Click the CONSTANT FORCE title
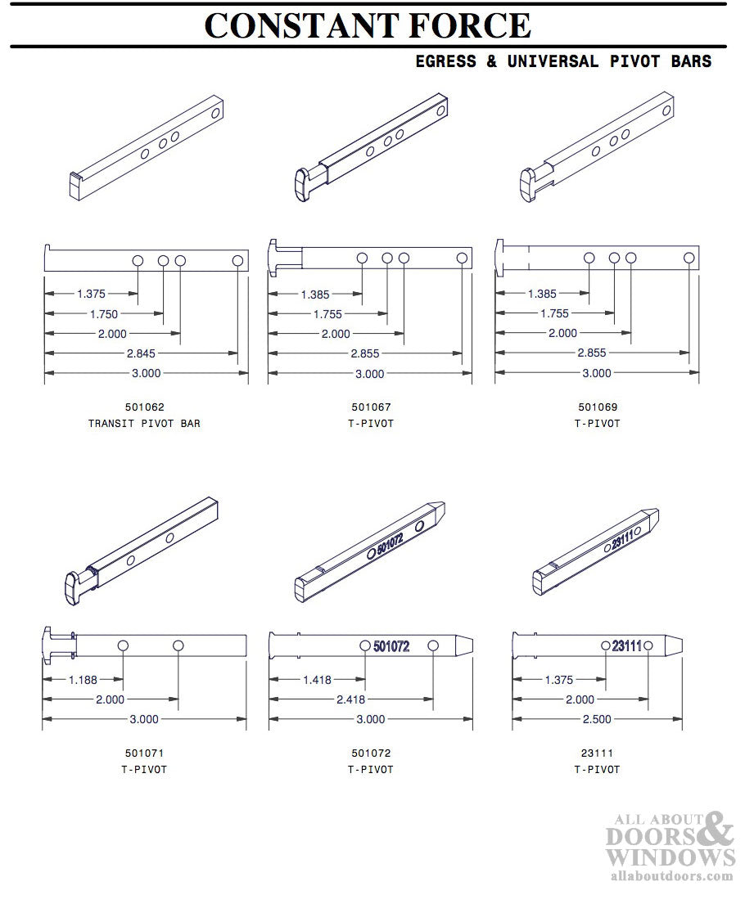click(x=368, y=25)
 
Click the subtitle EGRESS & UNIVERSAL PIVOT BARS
click(x=563, y=61)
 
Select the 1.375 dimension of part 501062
click(x=90, y=293)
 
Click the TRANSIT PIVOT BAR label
click(x=143, y=424)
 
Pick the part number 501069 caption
click(x=597, y=407)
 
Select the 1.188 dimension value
click(x=84, y=679)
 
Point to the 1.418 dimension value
click(x=317, y=680)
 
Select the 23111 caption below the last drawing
click(x=597, y=753)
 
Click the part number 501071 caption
click(x=143, y=753)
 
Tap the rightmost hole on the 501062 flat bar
click(x=237, y=260)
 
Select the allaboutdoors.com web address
click(x=672, y=875)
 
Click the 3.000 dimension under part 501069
click(x=596, y=373)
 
